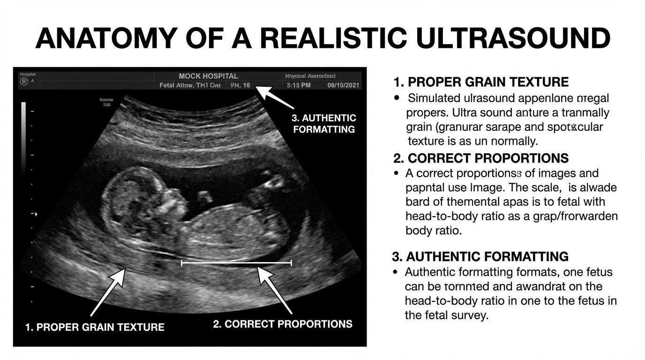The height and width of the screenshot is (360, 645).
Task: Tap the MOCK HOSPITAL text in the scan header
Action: coord(208,76)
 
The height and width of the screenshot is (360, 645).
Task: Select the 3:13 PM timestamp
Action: coord(299,86)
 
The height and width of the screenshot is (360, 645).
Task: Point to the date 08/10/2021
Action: coord(343,86)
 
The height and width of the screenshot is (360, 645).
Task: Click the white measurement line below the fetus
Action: coord(236,263)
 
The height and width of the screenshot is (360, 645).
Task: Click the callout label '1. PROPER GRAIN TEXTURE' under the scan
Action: coord(95,327)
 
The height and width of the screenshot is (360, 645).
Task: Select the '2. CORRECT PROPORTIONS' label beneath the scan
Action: coord(283,324)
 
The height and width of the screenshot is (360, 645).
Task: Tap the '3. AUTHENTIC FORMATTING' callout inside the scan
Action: coord(324,123)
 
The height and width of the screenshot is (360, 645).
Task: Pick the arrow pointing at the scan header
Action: coord(274,100)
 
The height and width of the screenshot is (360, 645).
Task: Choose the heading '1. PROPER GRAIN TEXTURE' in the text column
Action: coord(481,82)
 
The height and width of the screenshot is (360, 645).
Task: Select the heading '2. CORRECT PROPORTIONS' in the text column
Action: coord(481,158)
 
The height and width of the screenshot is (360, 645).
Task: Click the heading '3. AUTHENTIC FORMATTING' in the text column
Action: coord(480,257)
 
